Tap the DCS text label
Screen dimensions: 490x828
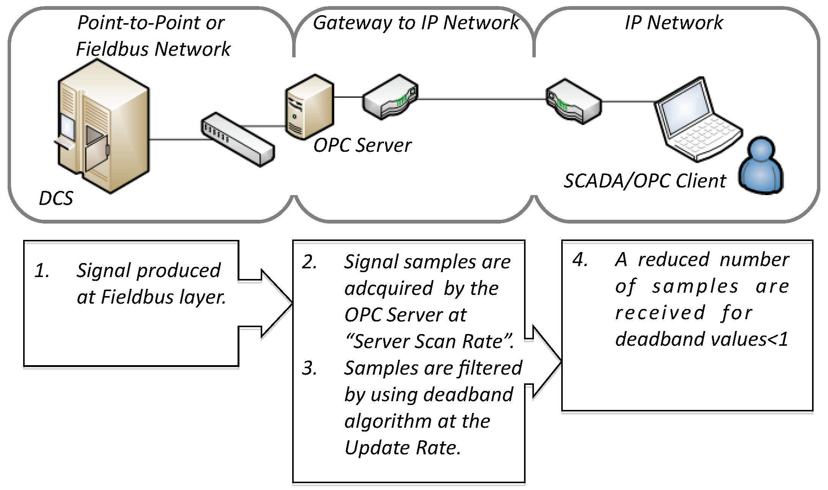click(56, 198)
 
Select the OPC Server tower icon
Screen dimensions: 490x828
click(309, 107)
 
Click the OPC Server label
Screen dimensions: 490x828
click(362, 145)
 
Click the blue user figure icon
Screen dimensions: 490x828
click(761, 167)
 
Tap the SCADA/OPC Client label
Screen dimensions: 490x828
click(644, 181)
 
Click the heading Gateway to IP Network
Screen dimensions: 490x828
click(416, 23)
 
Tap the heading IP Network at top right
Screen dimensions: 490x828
click(674, 23)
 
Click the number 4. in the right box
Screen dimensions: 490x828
click(580, 260)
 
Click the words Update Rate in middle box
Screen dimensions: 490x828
click(402, 448)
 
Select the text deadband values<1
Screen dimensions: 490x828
click(701, 339)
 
